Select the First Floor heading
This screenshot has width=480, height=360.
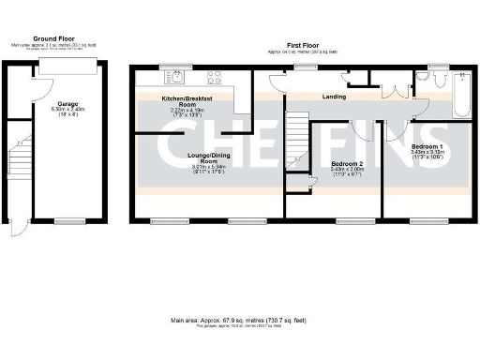[302, 45]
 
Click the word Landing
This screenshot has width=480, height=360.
[334, 97]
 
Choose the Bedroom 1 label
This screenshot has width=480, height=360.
[427, 146]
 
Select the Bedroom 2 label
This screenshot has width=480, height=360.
[346, 164]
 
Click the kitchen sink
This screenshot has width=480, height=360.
[174, 78]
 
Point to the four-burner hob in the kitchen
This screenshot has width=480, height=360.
[214, 78]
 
